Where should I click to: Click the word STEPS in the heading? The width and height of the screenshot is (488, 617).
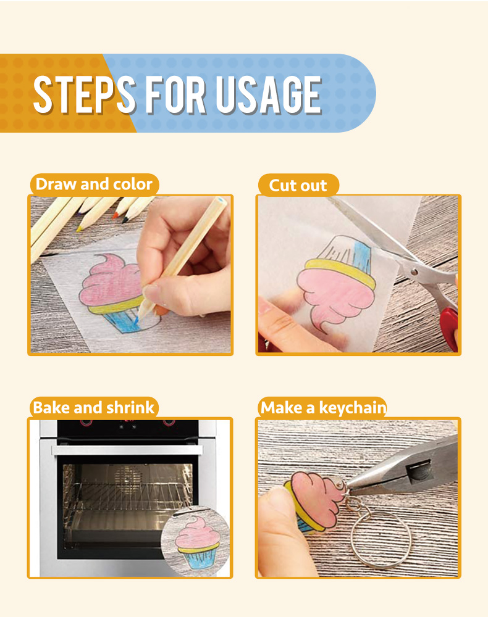tap(84, 94)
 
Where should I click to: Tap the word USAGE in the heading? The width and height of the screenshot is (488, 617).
tap(269, 94)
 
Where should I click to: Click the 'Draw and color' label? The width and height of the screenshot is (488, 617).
tap(94, 184)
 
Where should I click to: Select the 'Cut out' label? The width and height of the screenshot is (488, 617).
tap(298, 185)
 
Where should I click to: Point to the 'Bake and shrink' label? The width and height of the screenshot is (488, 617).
tap(94, 407)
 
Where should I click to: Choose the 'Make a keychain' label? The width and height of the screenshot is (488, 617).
tap(323, 407)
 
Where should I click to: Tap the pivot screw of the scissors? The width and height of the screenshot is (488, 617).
tap(413, 271)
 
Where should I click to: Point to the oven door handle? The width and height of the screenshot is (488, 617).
tap(127, 450)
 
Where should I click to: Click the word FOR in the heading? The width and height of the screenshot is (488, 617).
tap(175, 94)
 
